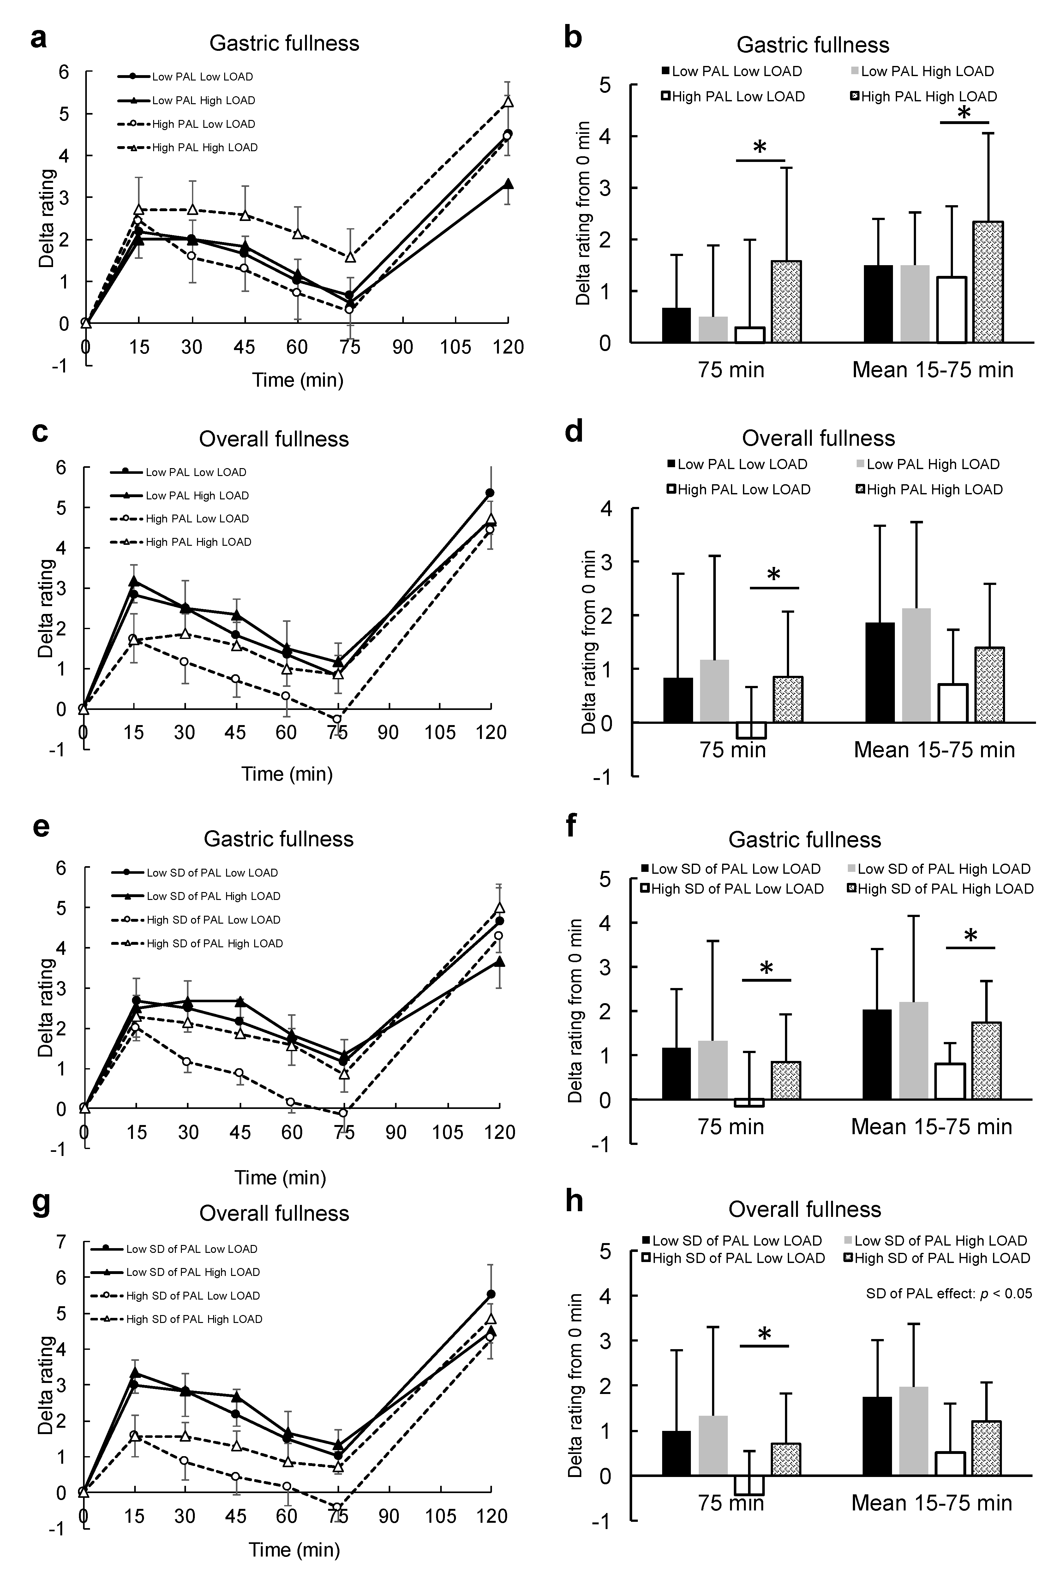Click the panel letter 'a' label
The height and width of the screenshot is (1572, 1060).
click(39, 39)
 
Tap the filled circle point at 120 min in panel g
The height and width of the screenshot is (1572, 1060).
click(491, 1294)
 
